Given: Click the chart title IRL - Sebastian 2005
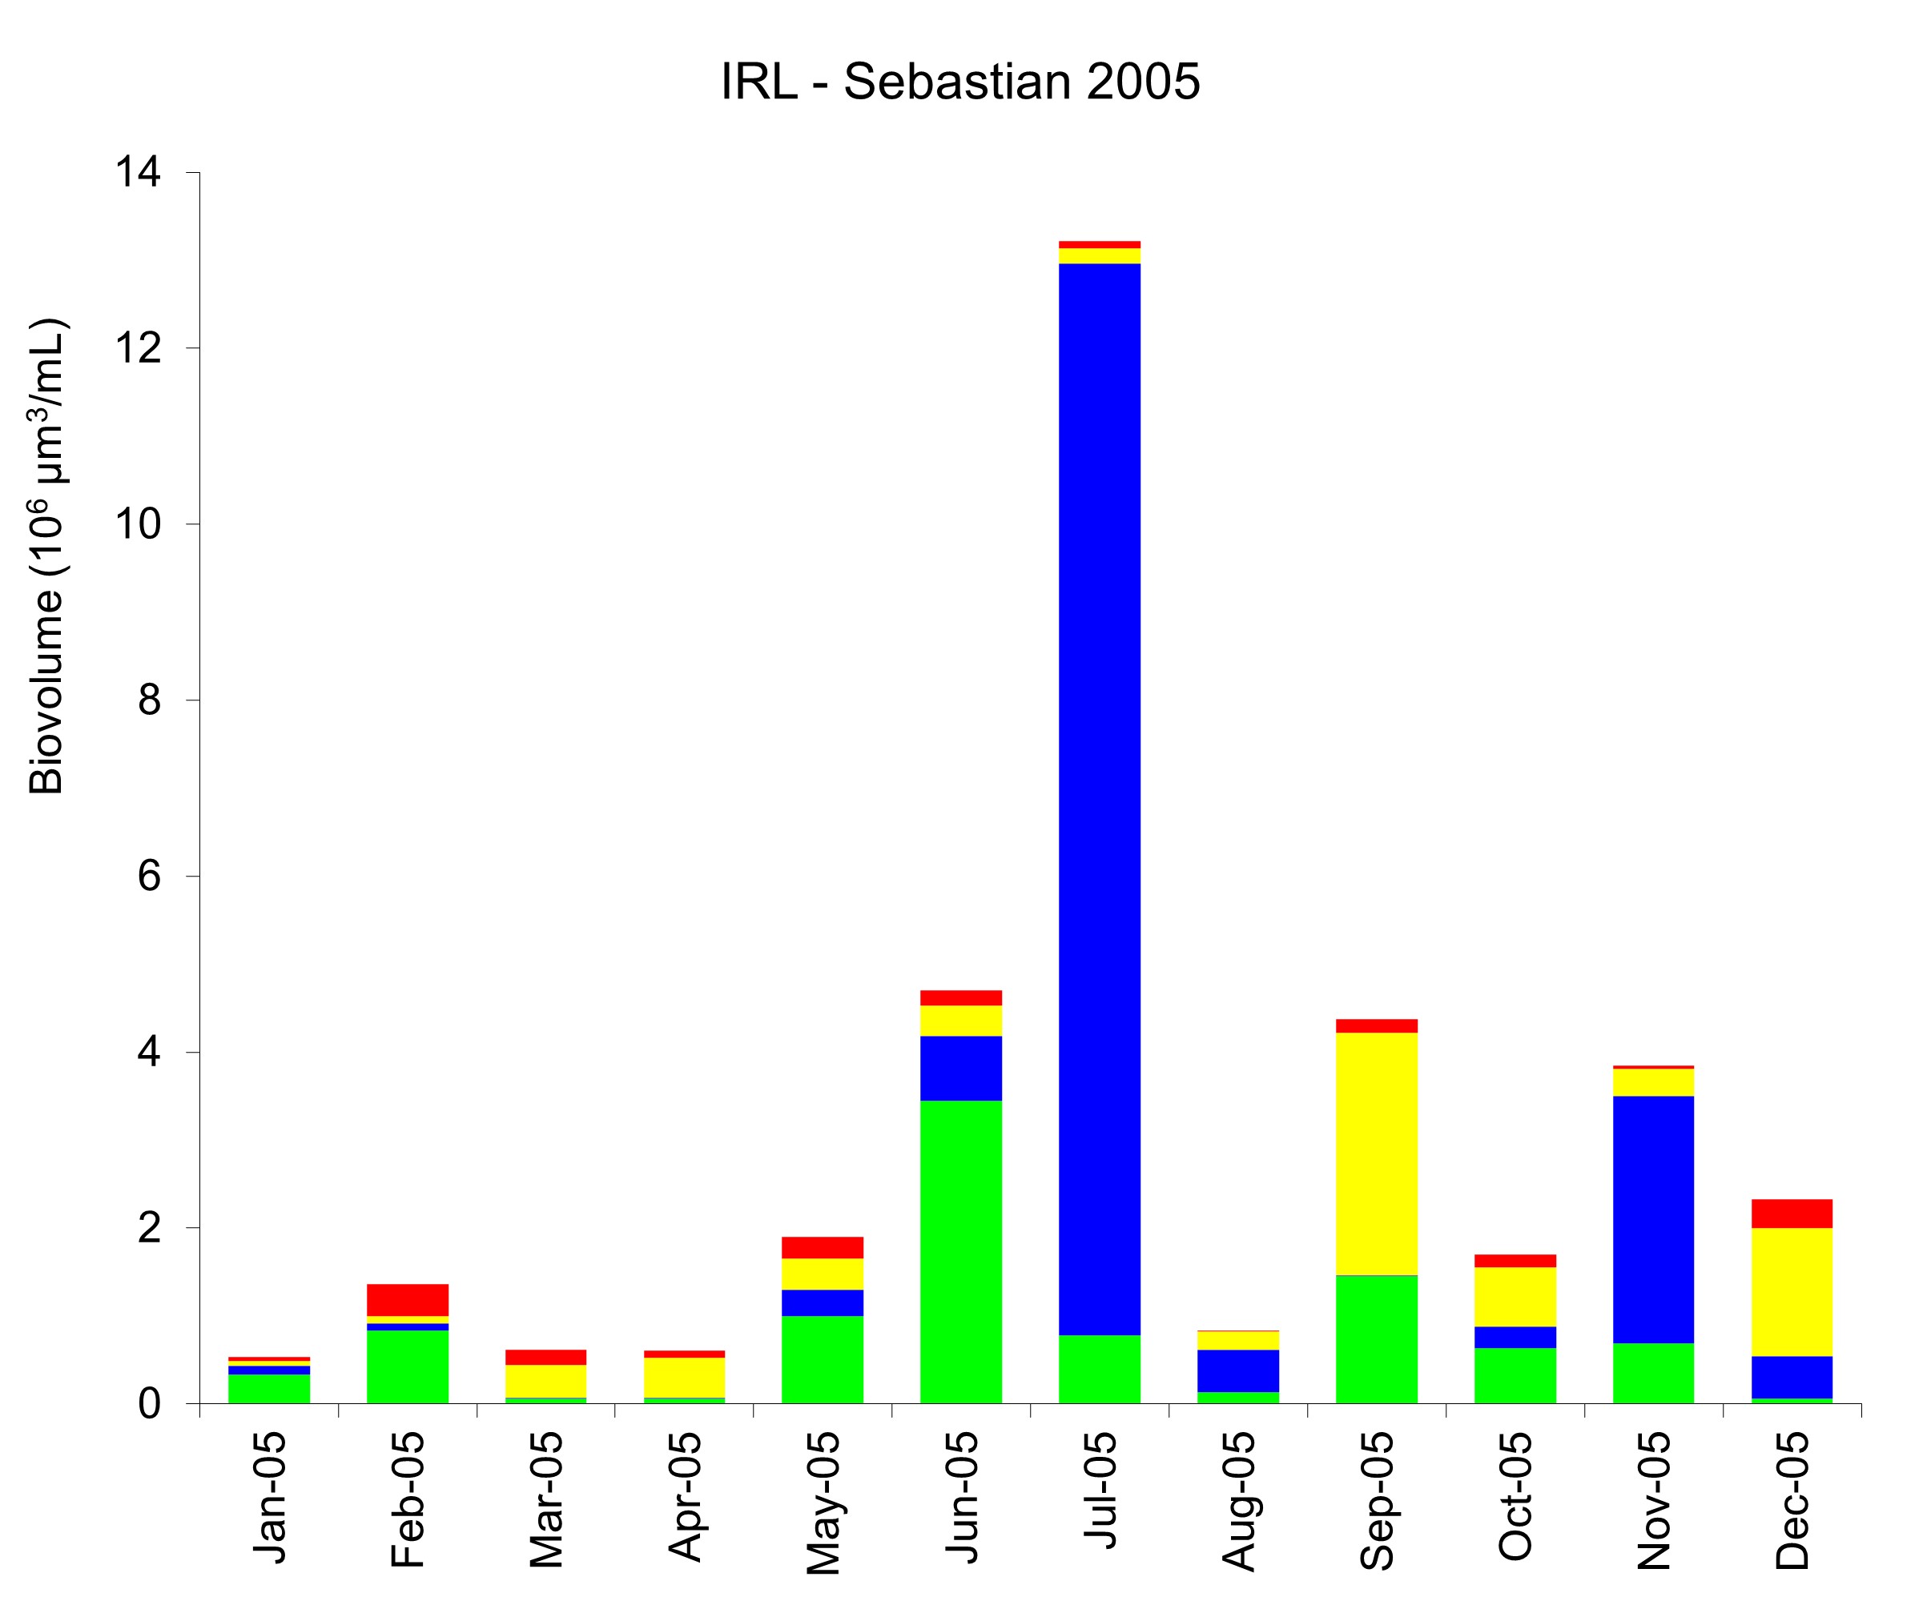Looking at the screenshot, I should (959, 82).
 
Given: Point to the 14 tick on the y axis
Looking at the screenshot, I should (138, 173).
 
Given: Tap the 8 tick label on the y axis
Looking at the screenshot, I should (150, 700).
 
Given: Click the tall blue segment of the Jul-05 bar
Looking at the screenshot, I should (1099, 800).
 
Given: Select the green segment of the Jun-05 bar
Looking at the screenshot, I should (961, 1252).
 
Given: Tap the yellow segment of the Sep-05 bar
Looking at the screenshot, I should (1376, 1154).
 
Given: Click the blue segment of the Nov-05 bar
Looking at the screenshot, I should (1653, 1219).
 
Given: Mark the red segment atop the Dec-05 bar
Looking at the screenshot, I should (1792, 1213).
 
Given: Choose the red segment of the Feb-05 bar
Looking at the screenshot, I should (408, 1299).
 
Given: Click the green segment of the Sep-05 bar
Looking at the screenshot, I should (1376, 1339).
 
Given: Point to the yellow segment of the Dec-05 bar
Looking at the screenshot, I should (1792, 1292).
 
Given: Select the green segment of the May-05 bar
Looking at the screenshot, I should (822, 1360).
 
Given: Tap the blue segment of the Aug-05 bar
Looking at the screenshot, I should (1237, 1370).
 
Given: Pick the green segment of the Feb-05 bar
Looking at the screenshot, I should (408, 1366).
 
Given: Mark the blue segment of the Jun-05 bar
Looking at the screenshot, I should (961, 1068).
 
